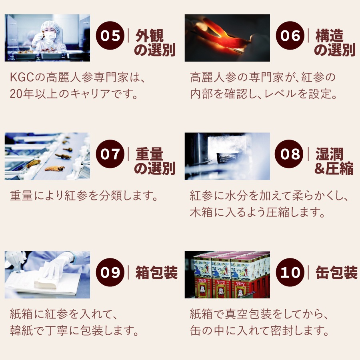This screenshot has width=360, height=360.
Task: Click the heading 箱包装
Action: tap(156, 272)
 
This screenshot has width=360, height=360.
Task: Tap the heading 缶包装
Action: tap(336, 272)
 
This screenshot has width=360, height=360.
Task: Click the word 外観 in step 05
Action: tap(149, 36)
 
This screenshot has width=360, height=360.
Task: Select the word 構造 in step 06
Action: tap(329, 36)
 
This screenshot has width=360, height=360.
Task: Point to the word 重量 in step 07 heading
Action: tap(149, 154)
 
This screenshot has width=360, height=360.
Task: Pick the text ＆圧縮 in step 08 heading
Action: tap(334, 168)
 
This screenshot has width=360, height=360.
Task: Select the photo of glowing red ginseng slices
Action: tap(227, 38)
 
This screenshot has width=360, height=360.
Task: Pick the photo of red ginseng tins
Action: tap(227, 274)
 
